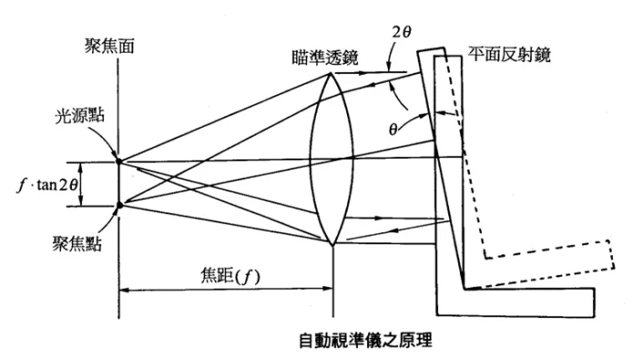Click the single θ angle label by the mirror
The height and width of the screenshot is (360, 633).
(393, 128)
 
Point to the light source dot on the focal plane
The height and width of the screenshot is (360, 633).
(119, 162)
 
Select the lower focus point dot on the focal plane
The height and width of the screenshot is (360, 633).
(119, 205)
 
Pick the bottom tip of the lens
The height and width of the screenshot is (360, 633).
(332, 246)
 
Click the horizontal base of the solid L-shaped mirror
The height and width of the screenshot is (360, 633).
(528, 299)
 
